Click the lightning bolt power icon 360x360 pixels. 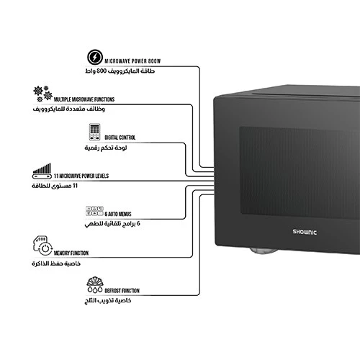click(95, 57)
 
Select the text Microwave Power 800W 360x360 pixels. click(132, 61)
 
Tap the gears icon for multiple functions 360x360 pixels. click(42, 94)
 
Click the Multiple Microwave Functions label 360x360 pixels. click(84, 99)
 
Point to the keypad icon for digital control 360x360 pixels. click(94, 132)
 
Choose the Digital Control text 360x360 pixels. click(120, 138)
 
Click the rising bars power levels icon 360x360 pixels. click(42, 171)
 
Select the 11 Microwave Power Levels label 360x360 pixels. click(81, 176)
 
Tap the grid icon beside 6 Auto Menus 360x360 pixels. click(94, 211)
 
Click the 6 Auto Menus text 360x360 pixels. click(118, 214)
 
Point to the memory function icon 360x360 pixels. click(42, 246)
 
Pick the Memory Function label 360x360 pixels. click(71, 253)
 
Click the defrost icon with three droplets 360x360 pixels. click(95, 284)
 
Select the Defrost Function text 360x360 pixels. click(122, 291)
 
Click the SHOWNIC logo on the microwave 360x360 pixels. click(305, 232)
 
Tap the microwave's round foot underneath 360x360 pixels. click(264, 251)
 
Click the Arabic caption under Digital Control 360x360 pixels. click(106, 148)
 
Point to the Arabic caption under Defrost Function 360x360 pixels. click(108, 300)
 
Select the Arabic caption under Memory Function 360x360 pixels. click(56, 264)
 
